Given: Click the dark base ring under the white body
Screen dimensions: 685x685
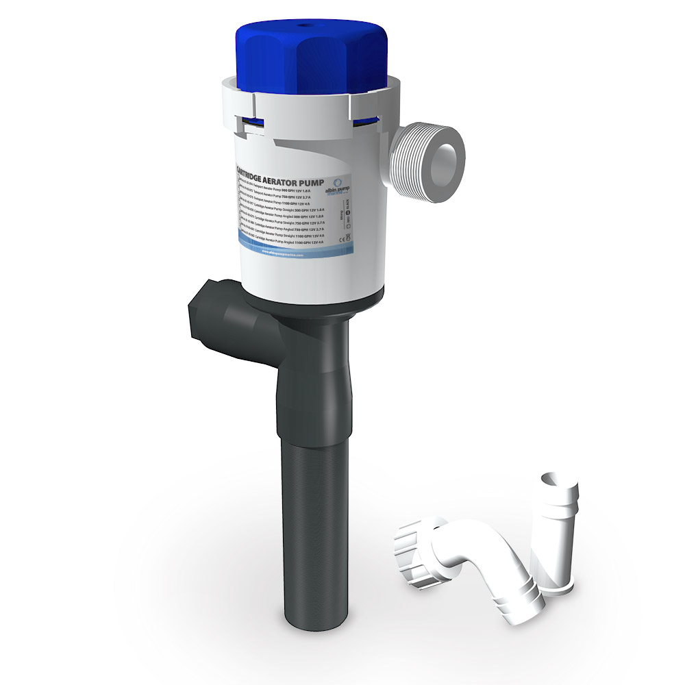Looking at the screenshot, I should click(x=315, y=301).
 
